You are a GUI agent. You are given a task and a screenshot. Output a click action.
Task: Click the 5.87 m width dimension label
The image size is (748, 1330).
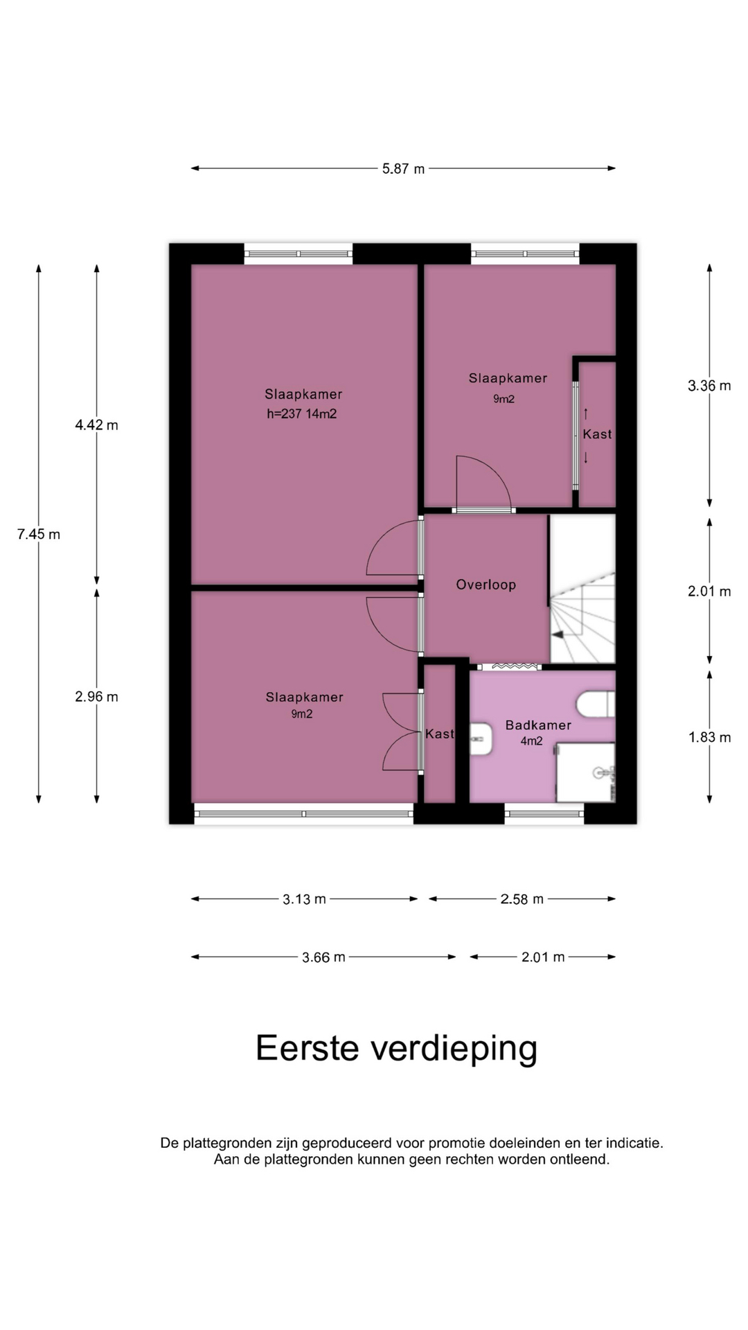[x=403, y=168]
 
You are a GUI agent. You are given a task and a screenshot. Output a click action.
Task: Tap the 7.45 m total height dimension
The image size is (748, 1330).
[x=39, y=534]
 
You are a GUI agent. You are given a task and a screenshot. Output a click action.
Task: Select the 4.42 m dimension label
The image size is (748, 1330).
[x=97, y=425]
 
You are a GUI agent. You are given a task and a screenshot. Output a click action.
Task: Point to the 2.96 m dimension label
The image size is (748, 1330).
[x=97, y=697]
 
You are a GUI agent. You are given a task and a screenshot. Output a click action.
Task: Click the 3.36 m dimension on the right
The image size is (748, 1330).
[x=709, y=386]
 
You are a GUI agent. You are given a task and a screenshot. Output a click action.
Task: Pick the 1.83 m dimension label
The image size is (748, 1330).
[x=709, y=737]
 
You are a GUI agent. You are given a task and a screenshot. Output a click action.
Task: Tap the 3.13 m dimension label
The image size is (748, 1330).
[x=304, y=899]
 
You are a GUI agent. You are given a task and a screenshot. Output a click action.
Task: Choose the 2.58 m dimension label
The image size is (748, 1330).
[x=522, y=899]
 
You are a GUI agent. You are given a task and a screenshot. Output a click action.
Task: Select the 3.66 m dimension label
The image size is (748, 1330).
[x=323, y=957]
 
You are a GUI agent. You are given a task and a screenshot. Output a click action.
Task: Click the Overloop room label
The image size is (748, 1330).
[x=486, y=585]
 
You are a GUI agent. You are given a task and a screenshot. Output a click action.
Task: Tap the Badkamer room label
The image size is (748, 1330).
[x=538, y=725]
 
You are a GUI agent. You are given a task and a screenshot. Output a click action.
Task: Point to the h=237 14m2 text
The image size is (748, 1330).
[x=302, y=414]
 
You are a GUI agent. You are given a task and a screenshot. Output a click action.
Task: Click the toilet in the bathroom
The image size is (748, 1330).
[x=596, y=704]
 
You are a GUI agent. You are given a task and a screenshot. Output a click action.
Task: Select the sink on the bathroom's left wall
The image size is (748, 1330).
[x=481, y=739]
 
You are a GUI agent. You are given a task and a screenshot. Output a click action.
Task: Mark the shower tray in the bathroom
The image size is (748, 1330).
[x=586, y=772]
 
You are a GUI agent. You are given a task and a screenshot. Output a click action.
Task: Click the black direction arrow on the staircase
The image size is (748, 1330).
[x=557, y=634]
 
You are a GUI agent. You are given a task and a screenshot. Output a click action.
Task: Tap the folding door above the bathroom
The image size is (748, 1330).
[x=511, y=666]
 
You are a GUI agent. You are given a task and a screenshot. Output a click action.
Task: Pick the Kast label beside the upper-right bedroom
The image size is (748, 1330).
[x=597, y=434]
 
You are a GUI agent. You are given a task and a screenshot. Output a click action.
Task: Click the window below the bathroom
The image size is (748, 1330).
[x=544, y=814]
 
